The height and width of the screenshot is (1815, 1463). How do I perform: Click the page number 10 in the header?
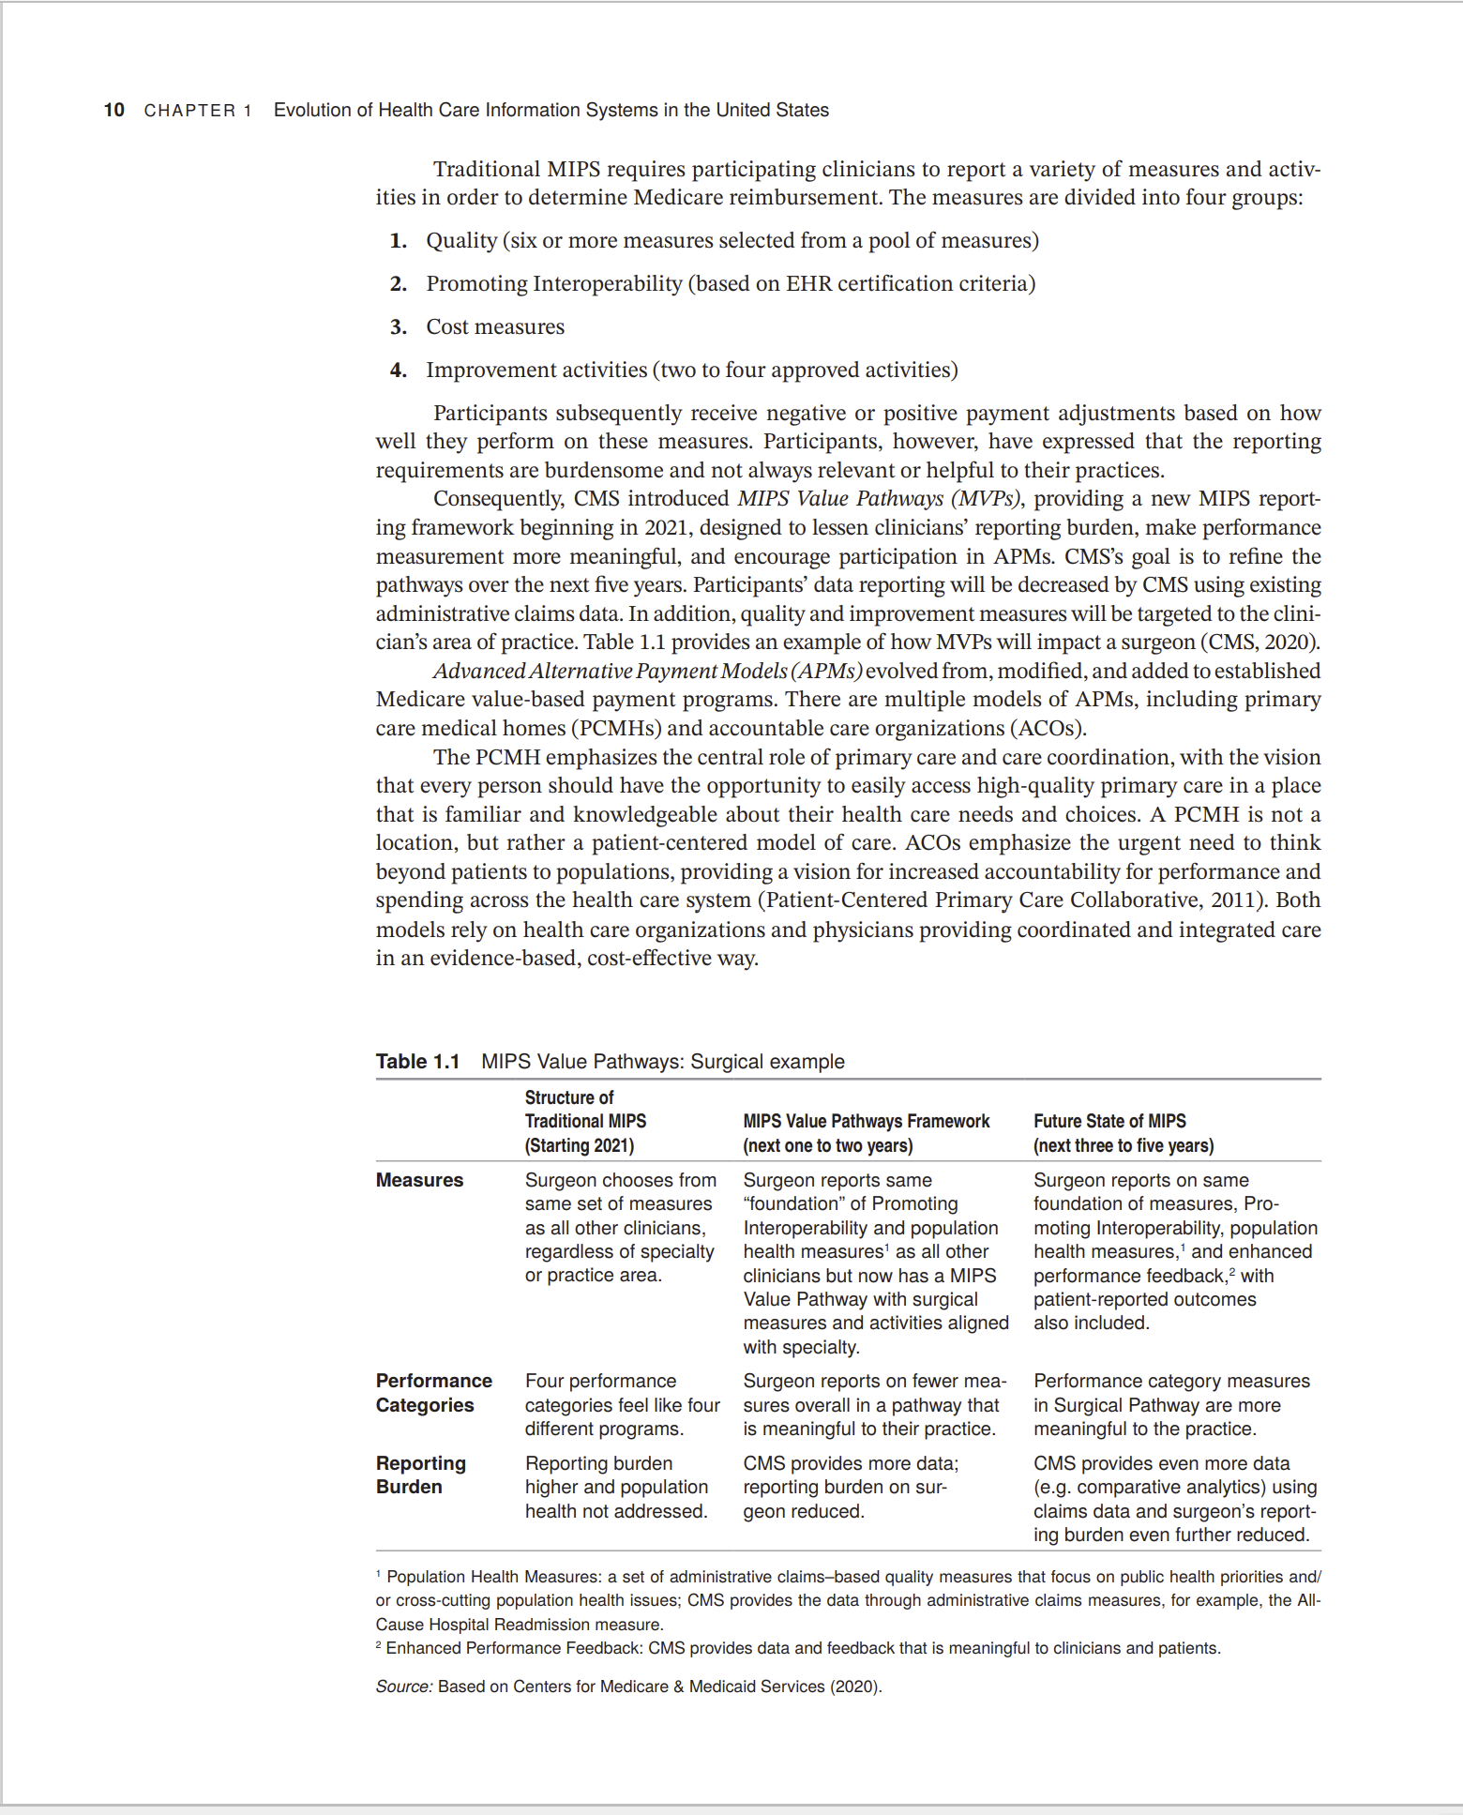click(x=113, y=110)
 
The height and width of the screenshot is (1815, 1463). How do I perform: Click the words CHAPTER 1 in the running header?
click(x=198, y=111)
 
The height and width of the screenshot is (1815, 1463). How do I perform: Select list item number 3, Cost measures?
click(x=494, y=326)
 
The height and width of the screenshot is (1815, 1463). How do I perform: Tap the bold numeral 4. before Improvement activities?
click(x=399, y=371)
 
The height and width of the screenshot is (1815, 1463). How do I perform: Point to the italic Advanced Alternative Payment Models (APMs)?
click(x=646, y=672)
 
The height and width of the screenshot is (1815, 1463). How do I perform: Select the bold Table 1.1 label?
click(x=417, y=1062)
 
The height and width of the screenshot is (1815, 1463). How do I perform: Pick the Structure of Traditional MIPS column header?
click(x=585, y=1121)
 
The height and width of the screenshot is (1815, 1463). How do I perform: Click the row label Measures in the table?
click(x=419, y=1180)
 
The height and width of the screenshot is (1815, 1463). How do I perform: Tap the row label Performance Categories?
click(x=433, y=1393)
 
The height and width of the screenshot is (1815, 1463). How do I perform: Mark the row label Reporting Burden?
click(x=420, y=1475)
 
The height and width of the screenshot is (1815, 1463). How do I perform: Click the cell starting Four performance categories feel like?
click(x=621, y=1405)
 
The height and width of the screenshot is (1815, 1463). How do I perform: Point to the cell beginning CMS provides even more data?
click(x=1174, y=1499)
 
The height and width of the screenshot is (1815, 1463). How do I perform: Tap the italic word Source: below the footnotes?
click(x=403, y=1686)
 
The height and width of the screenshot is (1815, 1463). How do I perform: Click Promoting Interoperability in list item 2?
click(x=553, y=284)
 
